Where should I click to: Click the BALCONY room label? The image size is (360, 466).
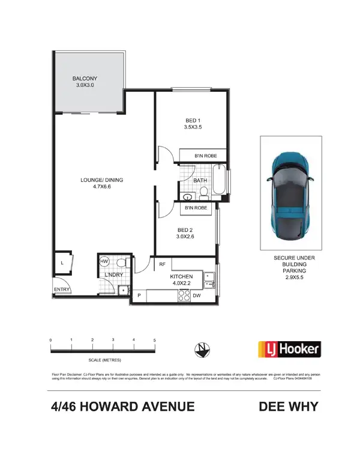click(x=85, y=79)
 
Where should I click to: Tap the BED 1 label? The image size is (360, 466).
click(x=192, y=120)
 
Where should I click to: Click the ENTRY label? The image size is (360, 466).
click(x=62, y=290)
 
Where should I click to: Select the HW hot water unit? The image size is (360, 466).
click(x=104, y=262)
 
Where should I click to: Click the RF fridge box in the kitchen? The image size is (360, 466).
click(x=162, y=264)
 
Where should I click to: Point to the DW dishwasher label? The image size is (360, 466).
click(x=196, y=295)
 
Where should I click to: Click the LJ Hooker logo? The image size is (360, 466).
click(x=289, y=349)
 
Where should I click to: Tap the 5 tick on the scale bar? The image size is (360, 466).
click(x=155, y=341)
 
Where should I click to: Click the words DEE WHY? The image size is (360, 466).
click(x=288, y=407)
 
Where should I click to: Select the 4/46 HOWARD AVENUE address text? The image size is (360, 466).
click(x=123, y=407)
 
